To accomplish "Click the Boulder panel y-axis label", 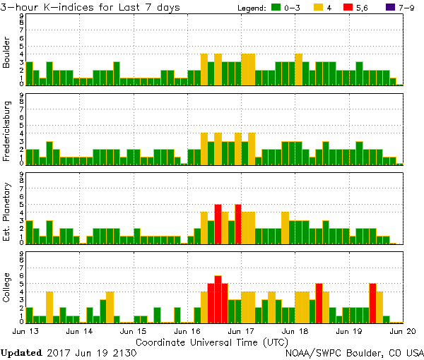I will (x=7, y=54).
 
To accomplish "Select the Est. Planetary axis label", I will (x=7, y=212).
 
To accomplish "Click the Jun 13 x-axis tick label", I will (x=25, y=331).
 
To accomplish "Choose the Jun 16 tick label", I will (x=187, y=331).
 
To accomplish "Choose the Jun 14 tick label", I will (x=79, y=331).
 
